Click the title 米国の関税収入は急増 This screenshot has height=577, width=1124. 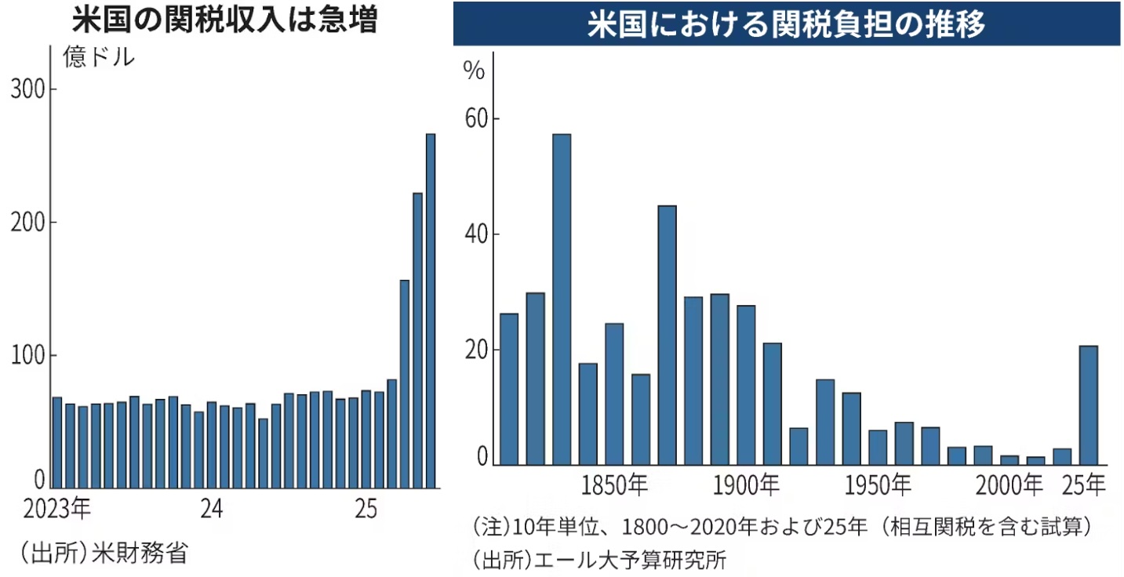224,21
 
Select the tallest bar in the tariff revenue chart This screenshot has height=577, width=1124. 430,310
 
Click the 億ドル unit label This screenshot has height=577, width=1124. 100,57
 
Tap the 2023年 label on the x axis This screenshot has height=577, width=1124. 58,509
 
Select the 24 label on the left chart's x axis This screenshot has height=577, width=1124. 212,509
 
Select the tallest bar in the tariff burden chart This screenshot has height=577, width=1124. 562,299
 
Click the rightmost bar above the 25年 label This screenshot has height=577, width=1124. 1088,405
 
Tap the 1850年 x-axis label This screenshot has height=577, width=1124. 616,486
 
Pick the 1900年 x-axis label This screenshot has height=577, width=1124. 747,486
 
